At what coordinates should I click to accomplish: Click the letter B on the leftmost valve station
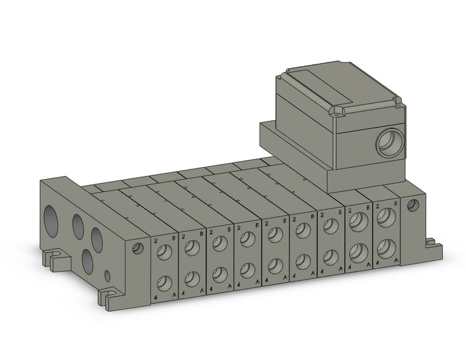click(174, 236)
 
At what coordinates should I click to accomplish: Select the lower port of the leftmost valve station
click(164, 283)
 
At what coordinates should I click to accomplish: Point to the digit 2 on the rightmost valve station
click(377, 207)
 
